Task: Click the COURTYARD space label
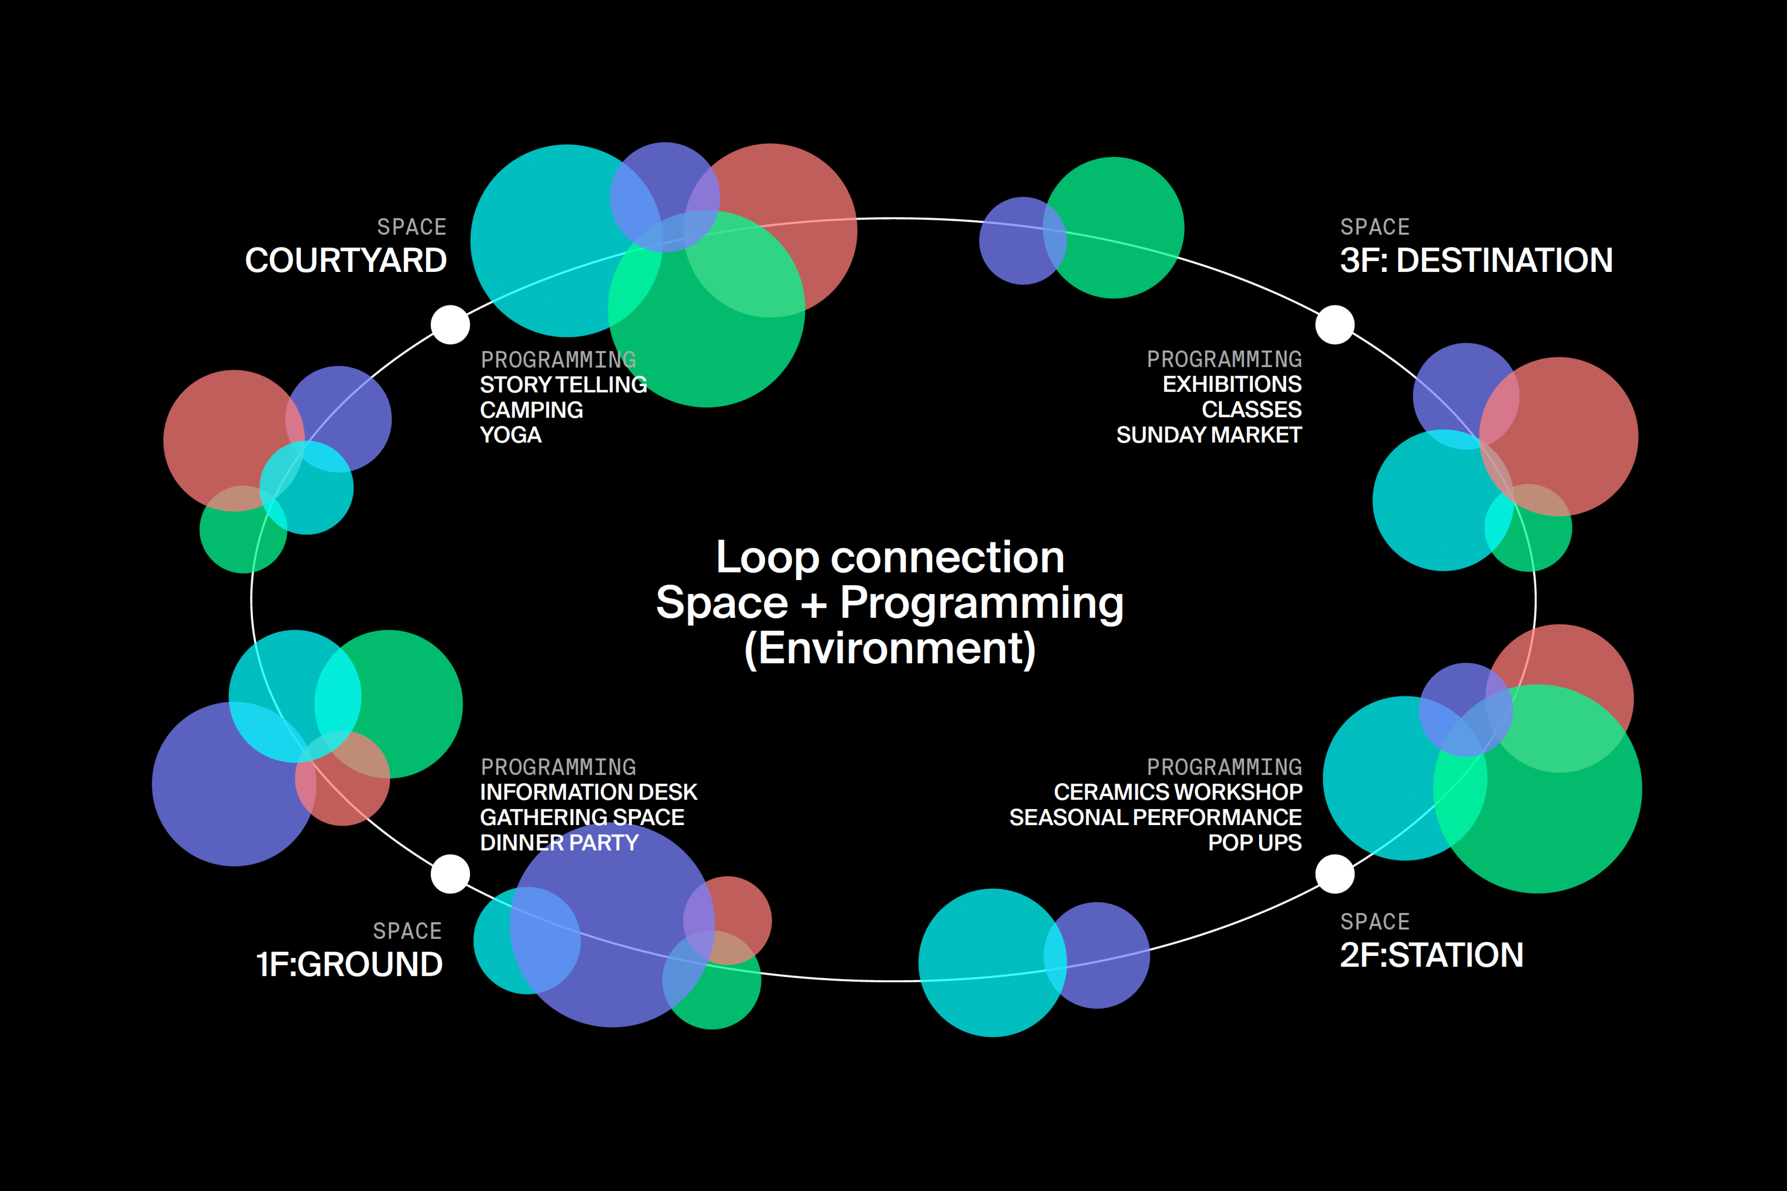click(346, 260)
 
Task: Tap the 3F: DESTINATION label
click(1475, 260)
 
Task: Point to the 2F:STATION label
click(1431, 955)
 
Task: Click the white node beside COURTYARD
click(451, 324)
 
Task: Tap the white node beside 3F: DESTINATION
click(1335, 324)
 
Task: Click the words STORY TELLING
click(563, 384)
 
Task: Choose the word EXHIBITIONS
click(1232, 384)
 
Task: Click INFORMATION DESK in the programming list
click(588, 792)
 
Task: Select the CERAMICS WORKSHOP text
click(1178, 792)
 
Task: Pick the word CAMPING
click(531, 410)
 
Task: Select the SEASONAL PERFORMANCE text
click(1155, 817)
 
